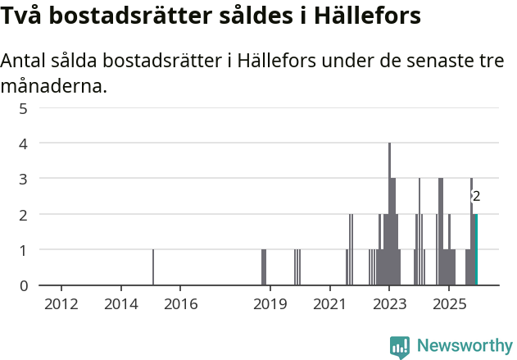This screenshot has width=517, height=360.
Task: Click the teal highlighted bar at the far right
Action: point(476,249)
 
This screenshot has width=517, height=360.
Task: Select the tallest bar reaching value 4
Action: point(390,214)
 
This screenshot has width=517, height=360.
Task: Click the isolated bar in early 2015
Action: point(153,267)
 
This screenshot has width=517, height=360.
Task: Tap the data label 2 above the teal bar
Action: point(476,197)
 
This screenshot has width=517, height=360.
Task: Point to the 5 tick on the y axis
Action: point(24,107)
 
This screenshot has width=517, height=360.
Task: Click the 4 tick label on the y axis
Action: point(24,144)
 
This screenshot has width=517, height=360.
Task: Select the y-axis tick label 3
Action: point(24,179)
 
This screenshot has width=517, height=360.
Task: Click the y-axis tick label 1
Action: point(24,250)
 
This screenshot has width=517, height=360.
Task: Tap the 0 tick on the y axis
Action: point(24,285)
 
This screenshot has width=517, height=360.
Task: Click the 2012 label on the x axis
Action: point(61,304)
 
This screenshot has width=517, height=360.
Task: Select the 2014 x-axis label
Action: point(121,304)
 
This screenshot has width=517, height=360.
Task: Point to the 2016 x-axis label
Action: point(181,304)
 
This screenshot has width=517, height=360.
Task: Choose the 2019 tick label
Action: point(270,304)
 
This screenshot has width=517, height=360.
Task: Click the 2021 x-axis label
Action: point(330,304)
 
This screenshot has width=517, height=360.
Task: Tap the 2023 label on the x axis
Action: point(390,304)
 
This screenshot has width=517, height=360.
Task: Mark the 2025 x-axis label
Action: point(450,304)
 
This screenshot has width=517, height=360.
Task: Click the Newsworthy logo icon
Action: point(400,347)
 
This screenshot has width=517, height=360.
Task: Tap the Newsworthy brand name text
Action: point(464,346)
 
